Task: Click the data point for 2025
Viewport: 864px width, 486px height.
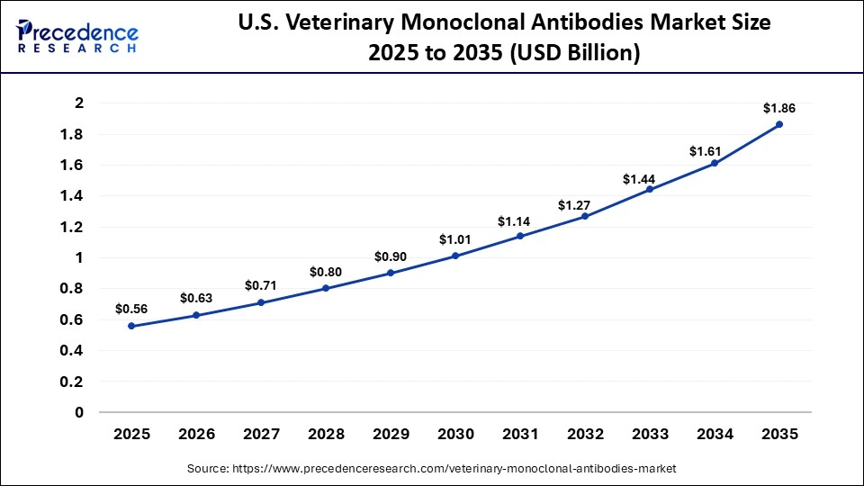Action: (x=131, y=326)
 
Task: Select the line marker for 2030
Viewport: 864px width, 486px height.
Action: (x=455, y=256)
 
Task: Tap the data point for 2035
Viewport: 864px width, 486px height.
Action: (x=779, y=124)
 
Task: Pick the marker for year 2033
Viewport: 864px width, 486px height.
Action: (x=650, y=189)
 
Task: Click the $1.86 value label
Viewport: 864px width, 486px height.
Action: (x=779, y=108)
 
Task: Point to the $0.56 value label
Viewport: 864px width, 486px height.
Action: (x=131, y=309)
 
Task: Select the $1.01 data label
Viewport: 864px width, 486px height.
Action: (x=455, y=239)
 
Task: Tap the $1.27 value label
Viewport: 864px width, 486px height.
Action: (x=585, y=205)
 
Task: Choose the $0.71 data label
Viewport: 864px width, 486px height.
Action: (x=261, y=285)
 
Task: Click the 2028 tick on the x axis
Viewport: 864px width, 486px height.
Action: (x=326, y=434)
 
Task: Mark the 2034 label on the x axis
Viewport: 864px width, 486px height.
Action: (x=715, y=434)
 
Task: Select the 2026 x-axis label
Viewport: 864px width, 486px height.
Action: (x=196, y=434)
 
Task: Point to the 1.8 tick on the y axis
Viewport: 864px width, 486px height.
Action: (x=72, y=134)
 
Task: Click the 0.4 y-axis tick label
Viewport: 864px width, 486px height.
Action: (x=72, y=351)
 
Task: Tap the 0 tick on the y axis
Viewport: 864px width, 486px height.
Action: (x=78, y=412)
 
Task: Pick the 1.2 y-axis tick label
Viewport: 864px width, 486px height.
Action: (x=72, y=227)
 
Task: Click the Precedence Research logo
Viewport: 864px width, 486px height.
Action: (x=77, y=36)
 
